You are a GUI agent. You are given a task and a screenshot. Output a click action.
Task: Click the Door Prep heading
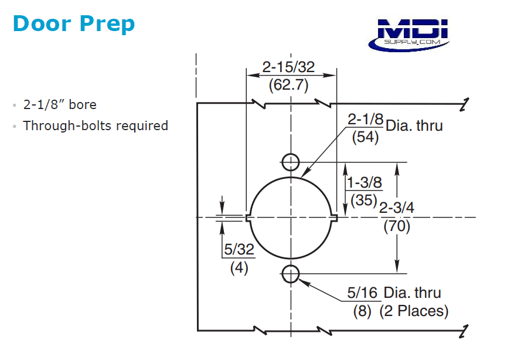tap(73, 23)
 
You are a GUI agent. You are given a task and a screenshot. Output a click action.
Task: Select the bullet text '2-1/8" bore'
tap(60, 105)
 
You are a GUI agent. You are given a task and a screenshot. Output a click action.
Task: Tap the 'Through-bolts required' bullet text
tap(96, 125)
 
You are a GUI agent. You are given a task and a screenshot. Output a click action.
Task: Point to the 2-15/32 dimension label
tap(288, 67)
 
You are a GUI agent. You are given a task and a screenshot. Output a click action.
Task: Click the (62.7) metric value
tap(288, 84)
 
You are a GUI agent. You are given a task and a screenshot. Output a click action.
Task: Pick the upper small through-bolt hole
tap(291, 162)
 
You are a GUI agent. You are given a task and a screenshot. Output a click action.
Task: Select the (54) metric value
tap(364, 138)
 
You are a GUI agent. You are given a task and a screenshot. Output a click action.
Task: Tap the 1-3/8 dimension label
tap(364, 183)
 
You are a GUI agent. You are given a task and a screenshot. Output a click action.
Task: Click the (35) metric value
tap(363, 200)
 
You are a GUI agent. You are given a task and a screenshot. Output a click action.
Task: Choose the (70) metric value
tap(397, 226)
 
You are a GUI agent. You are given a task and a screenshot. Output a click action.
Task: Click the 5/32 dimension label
tap(239, 249)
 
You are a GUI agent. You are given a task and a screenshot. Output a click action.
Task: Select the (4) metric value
tap(239, 267)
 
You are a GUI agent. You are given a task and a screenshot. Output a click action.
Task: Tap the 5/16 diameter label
tap(363, 293)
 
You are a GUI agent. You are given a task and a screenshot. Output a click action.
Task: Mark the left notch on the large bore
tap(249, 218)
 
